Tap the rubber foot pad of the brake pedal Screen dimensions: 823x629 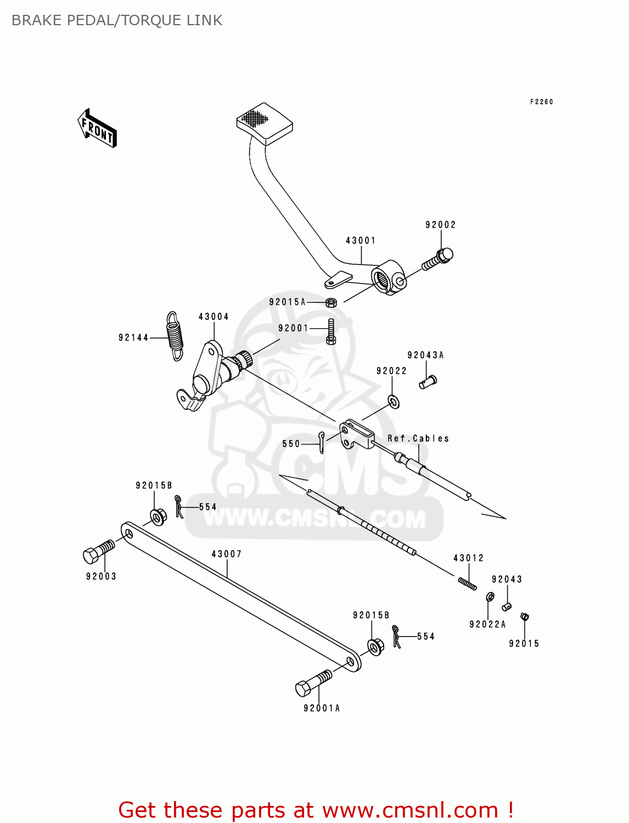(x=264, y=123)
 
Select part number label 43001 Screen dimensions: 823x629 (x=361, y=240)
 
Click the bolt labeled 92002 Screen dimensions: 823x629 (x=438, y=259)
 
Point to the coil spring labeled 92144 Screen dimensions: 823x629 (x=175, y=336)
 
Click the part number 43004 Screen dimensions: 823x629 (x=214, y=317)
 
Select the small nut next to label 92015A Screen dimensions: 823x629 (x=331, y=302)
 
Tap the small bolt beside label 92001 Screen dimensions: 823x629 (x=330, y=331)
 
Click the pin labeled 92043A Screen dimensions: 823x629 (x=428, y=381)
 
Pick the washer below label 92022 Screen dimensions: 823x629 (x=394, y=402)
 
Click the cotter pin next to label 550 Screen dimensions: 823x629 (x=322, y=442)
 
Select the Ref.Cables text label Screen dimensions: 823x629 (x=418, y=438)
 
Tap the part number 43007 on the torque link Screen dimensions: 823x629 (x=227, y=554)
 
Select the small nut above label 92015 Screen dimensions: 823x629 (x=524, y=617)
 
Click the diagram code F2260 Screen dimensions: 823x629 (x=541, y=102)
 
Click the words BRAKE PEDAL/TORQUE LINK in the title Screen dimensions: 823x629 (x=117, y=20)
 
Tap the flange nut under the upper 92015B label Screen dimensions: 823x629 (x=158, y=516)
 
